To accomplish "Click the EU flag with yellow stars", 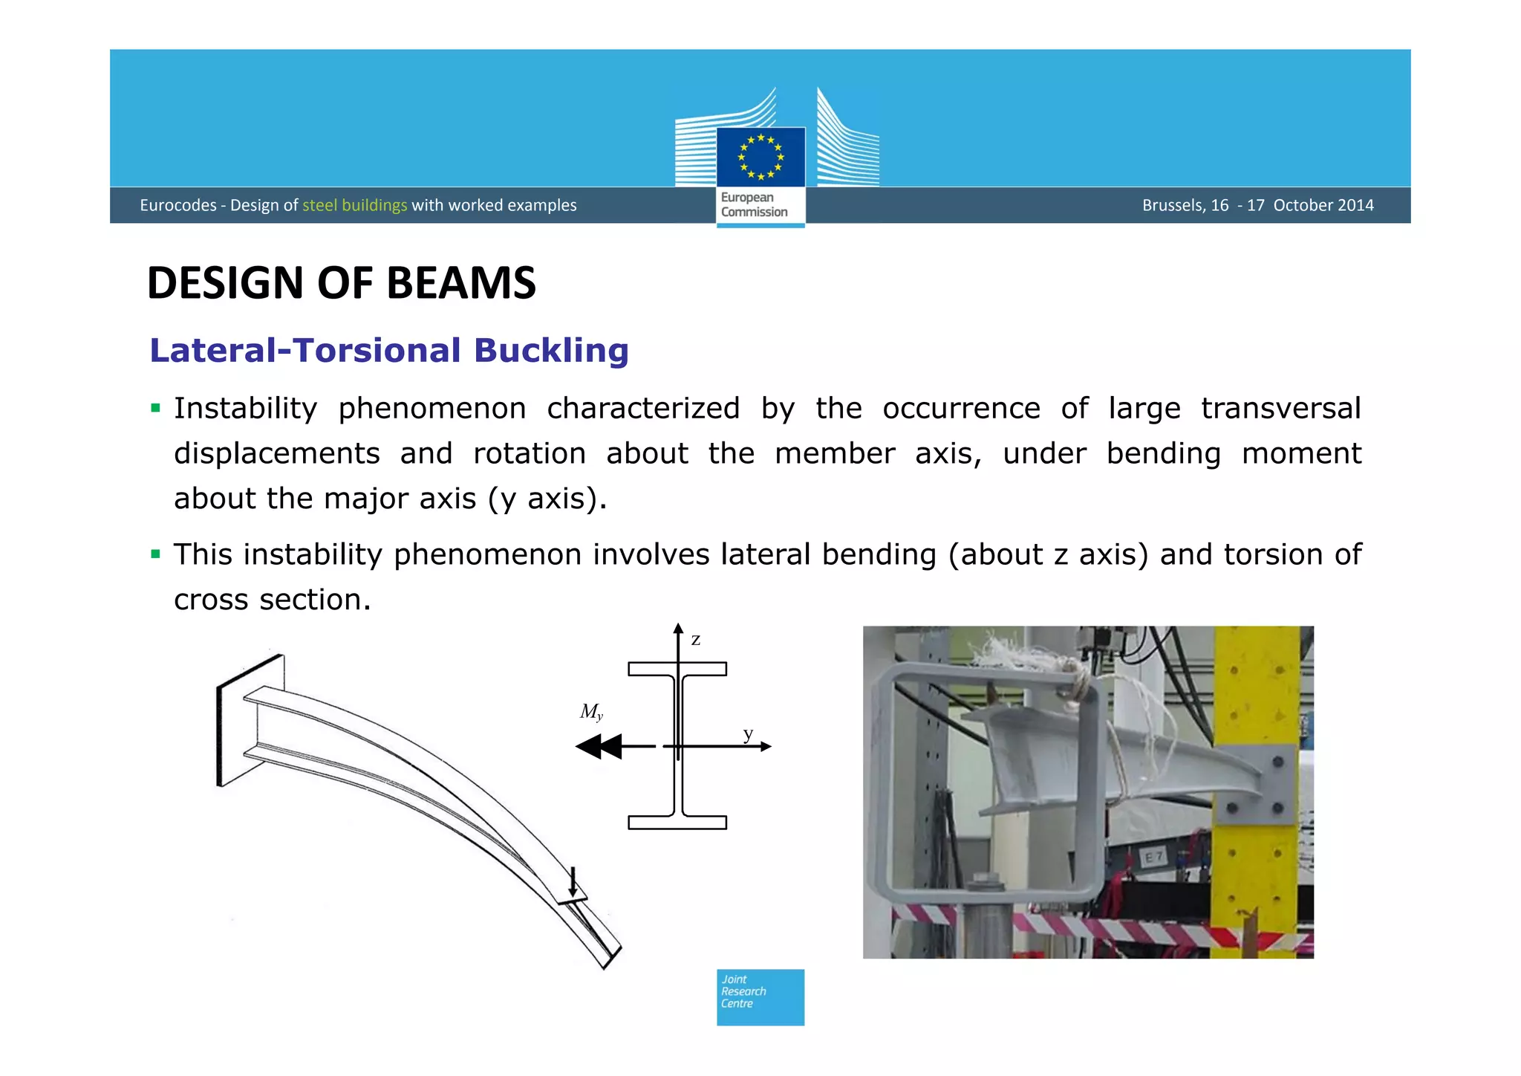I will [760, 157].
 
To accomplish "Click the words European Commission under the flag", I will [754, 205].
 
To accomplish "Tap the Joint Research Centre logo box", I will [760, 996].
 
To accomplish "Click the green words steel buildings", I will [354, 205].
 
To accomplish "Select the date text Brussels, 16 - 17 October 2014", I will [1257, 205].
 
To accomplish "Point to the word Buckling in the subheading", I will [551, 351].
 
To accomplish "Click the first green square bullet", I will [155, 408].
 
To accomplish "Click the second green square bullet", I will [155, 554].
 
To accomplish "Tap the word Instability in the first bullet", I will [245, 409].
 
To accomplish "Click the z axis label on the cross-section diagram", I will [696, 640].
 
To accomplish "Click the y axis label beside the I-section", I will [748, 734].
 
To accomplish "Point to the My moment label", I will [591, 712].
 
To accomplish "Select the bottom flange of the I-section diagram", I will [677, 822].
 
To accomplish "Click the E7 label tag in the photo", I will [1153, 858].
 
